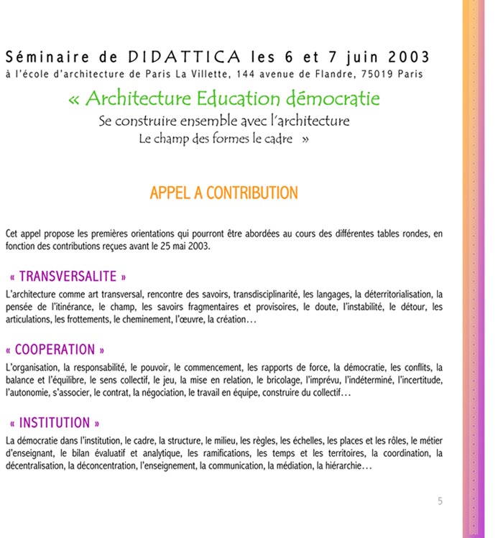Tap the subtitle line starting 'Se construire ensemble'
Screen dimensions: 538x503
point(223,121)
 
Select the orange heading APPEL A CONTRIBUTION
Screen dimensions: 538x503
point(223,193)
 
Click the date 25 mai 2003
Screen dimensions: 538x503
point(185,246)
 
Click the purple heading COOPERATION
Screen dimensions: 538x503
point(55,350)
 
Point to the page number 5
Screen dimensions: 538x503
point(440,501)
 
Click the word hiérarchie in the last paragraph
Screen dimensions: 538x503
point(343,466)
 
